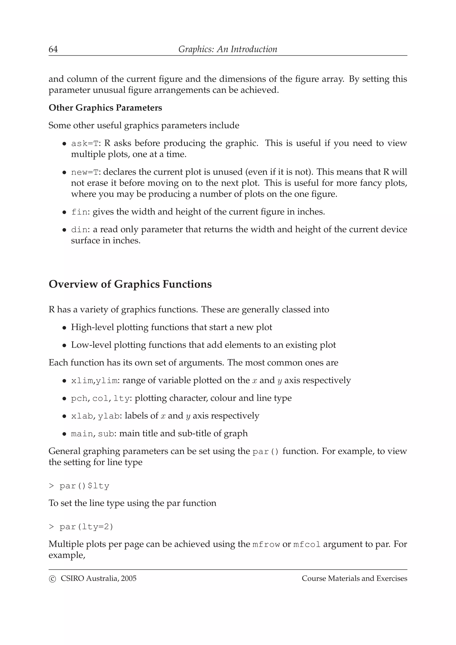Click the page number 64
[x=53, y=49]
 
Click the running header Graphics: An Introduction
[x=228, y=49]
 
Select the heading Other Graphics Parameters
[x=105, y=108]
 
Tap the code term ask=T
[x=85, y=144]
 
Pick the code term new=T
[x=85, y=172]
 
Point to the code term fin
[x=79, y=212]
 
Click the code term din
[x=79, y=230]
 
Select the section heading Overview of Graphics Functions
[x=130, y=284]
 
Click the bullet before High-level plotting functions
[x=64, y=328]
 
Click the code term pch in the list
[x=79, y=399]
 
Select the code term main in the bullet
[x=82, y=434]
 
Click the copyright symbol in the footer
[x=52, y=579]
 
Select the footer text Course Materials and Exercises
[x=354, y=578]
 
